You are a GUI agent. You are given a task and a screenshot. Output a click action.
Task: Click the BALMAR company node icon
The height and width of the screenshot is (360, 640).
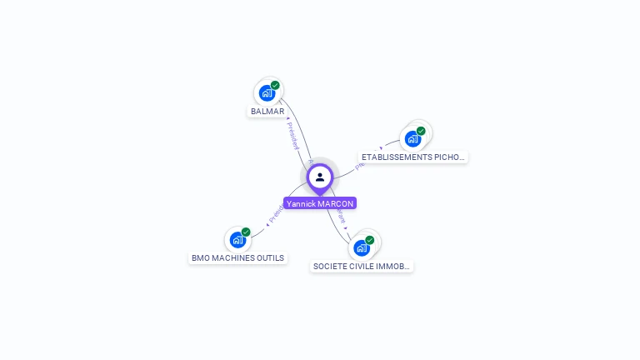pyautogui.click(x=267, y=92)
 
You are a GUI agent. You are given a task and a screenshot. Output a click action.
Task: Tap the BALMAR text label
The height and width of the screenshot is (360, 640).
pyautogui.click(x=267, y=112)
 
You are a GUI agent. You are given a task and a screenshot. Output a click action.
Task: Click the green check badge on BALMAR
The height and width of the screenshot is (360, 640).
pyautogui.click(x=275, y=85)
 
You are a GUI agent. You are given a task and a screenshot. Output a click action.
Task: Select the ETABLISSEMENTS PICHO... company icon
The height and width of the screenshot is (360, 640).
pyautogui.click(x=412, y=138)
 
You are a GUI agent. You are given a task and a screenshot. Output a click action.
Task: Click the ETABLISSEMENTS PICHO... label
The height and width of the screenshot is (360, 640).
pyautogui.click(x=413, y=157)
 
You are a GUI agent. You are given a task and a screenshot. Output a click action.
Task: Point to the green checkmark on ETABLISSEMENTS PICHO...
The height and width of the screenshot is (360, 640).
pyautogui.click(x=421, y=131)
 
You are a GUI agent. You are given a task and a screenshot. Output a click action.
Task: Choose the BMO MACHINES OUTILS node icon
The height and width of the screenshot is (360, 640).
pyautogui.click(x=237, y=240)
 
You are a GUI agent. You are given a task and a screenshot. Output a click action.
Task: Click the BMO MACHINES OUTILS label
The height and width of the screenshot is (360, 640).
pyautogui.click(x=238, y=258)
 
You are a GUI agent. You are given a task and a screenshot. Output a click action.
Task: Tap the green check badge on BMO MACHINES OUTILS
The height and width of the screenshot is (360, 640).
pyautogui.click(x=246, y=232)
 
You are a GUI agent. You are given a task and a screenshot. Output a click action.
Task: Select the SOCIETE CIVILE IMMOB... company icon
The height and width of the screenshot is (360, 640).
pyautogui.click(x=362, y=247)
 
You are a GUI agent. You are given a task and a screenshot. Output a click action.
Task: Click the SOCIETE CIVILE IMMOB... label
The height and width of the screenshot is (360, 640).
pyautogui.click(x=362, y=267)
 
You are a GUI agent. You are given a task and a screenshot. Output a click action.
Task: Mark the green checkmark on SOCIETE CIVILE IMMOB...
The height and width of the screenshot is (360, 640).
pyautogui.click(x=370, y=240)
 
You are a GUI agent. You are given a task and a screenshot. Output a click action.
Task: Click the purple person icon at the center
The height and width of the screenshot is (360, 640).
pyautogui.click(x=320, y=177)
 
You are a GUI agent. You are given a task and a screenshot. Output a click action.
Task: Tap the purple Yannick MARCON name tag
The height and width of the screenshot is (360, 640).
pyautogui.click(x=320, y=203)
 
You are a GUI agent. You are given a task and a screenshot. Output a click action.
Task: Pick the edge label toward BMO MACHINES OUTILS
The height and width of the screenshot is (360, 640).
pyautogui.click(x=276, y=213)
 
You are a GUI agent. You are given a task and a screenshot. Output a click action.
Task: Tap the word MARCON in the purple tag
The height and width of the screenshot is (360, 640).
pyautogui.click(x=336, y=203)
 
